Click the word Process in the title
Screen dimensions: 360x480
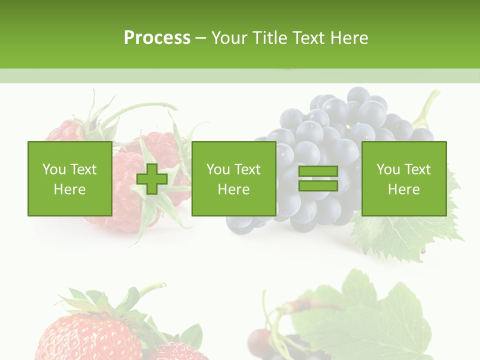click(157, 38)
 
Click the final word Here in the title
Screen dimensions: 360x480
click(349, 38)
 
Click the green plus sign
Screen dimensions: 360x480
click(152, 179)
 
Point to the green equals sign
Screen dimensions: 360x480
click(318, 179)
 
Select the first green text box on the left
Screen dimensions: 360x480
click(70, 179)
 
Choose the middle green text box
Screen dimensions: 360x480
click(233, 179)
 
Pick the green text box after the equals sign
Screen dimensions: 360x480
click(404, 179)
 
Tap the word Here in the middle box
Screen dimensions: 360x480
click(233, 189)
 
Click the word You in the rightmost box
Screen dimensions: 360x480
click(388, 169)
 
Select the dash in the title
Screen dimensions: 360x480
click(200, 38)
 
